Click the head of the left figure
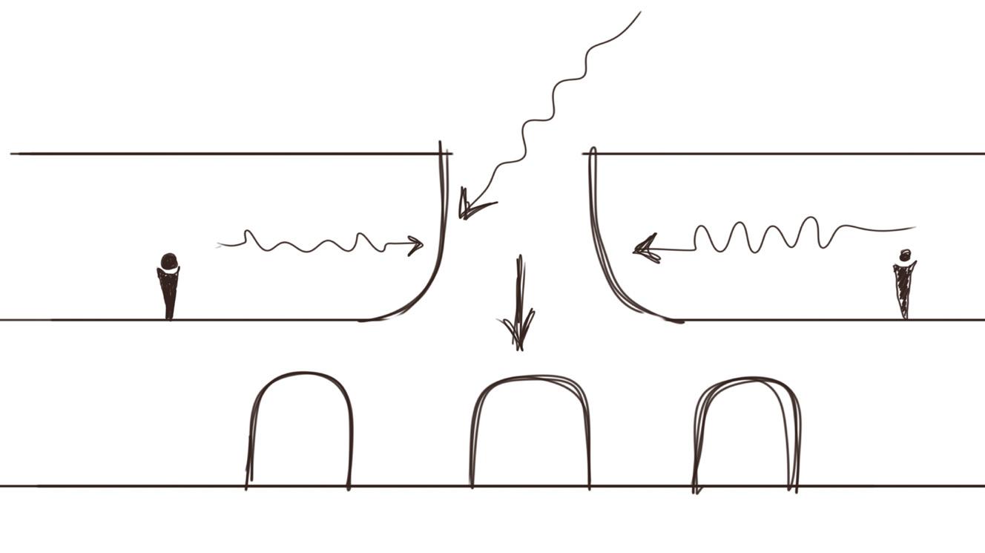coord(169,261)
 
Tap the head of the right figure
coord(905,255)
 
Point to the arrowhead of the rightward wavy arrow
coord(417,245)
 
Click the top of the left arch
coord(300,373)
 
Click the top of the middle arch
coord(530,377)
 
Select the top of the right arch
coord(748,379)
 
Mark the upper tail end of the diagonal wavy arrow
coord(640,12)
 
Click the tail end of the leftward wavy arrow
coord(915,228)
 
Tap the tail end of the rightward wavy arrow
coord(218,245)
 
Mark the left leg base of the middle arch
coord(472,485)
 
